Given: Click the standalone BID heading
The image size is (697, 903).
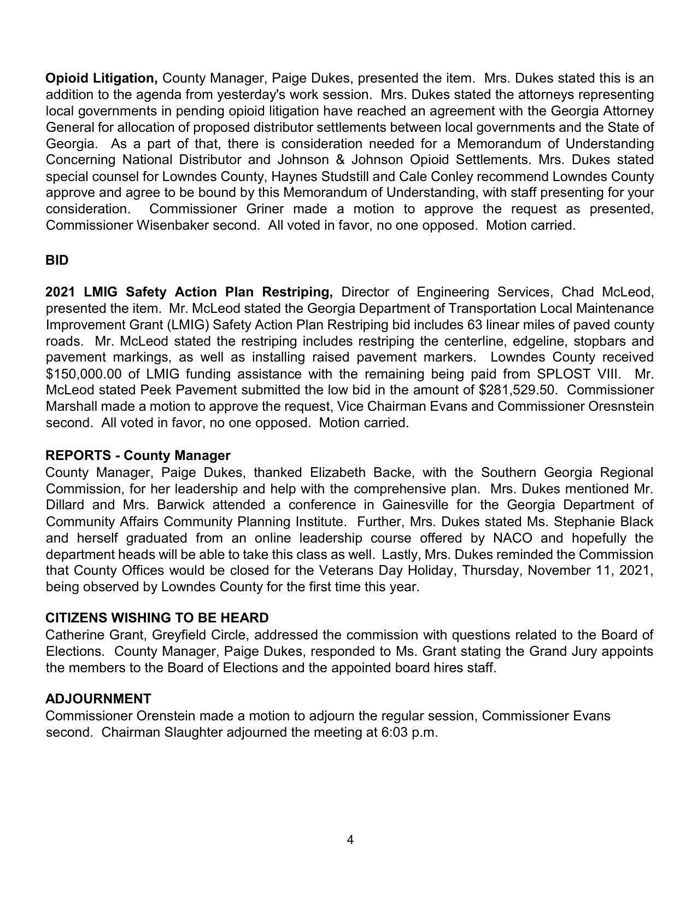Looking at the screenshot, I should click(57, 260).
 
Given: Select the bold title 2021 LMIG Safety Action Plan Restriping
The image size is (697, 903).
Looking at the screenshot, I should click(189, 292).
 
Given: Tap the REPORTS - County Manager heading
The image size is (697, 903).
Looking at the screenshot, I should click(138, 456).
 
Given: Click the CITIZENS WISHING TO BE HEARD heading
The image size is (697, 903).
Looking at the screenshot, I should click(157, 618).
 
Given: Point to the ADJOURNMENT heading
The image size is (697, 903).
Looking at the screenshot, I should click(98, 699).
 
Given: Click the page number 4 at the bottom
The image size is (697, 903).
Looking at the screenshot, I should click(350, 840).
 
